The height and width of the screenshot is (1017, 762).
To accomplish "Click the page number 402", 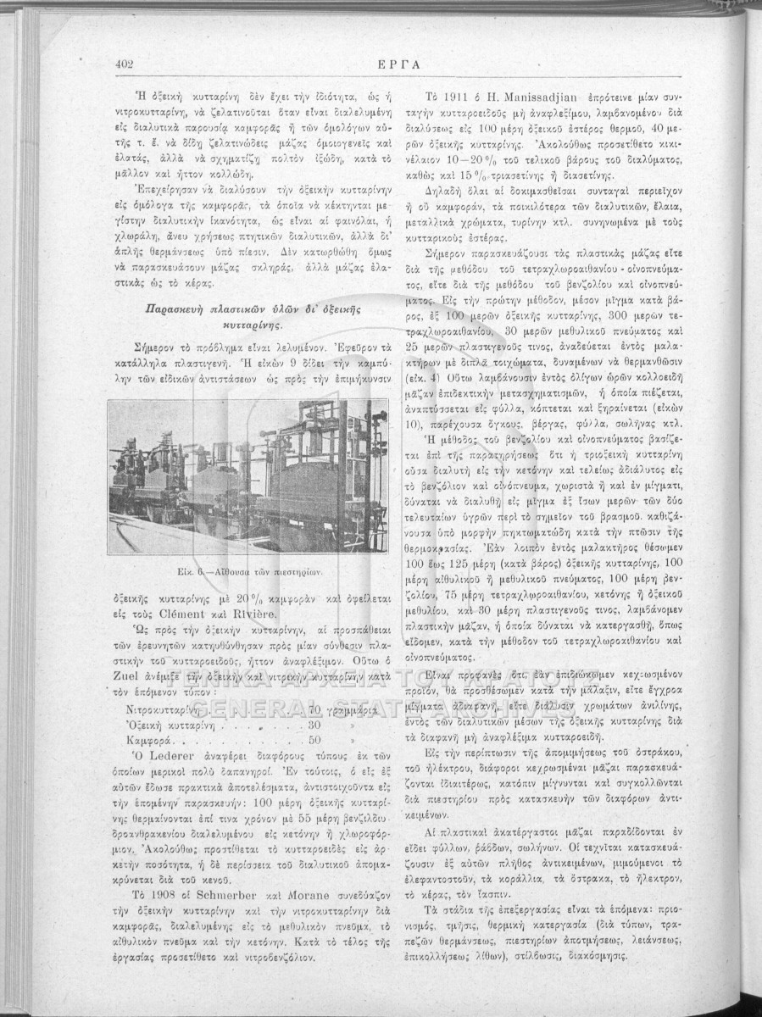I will point(126,64).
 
